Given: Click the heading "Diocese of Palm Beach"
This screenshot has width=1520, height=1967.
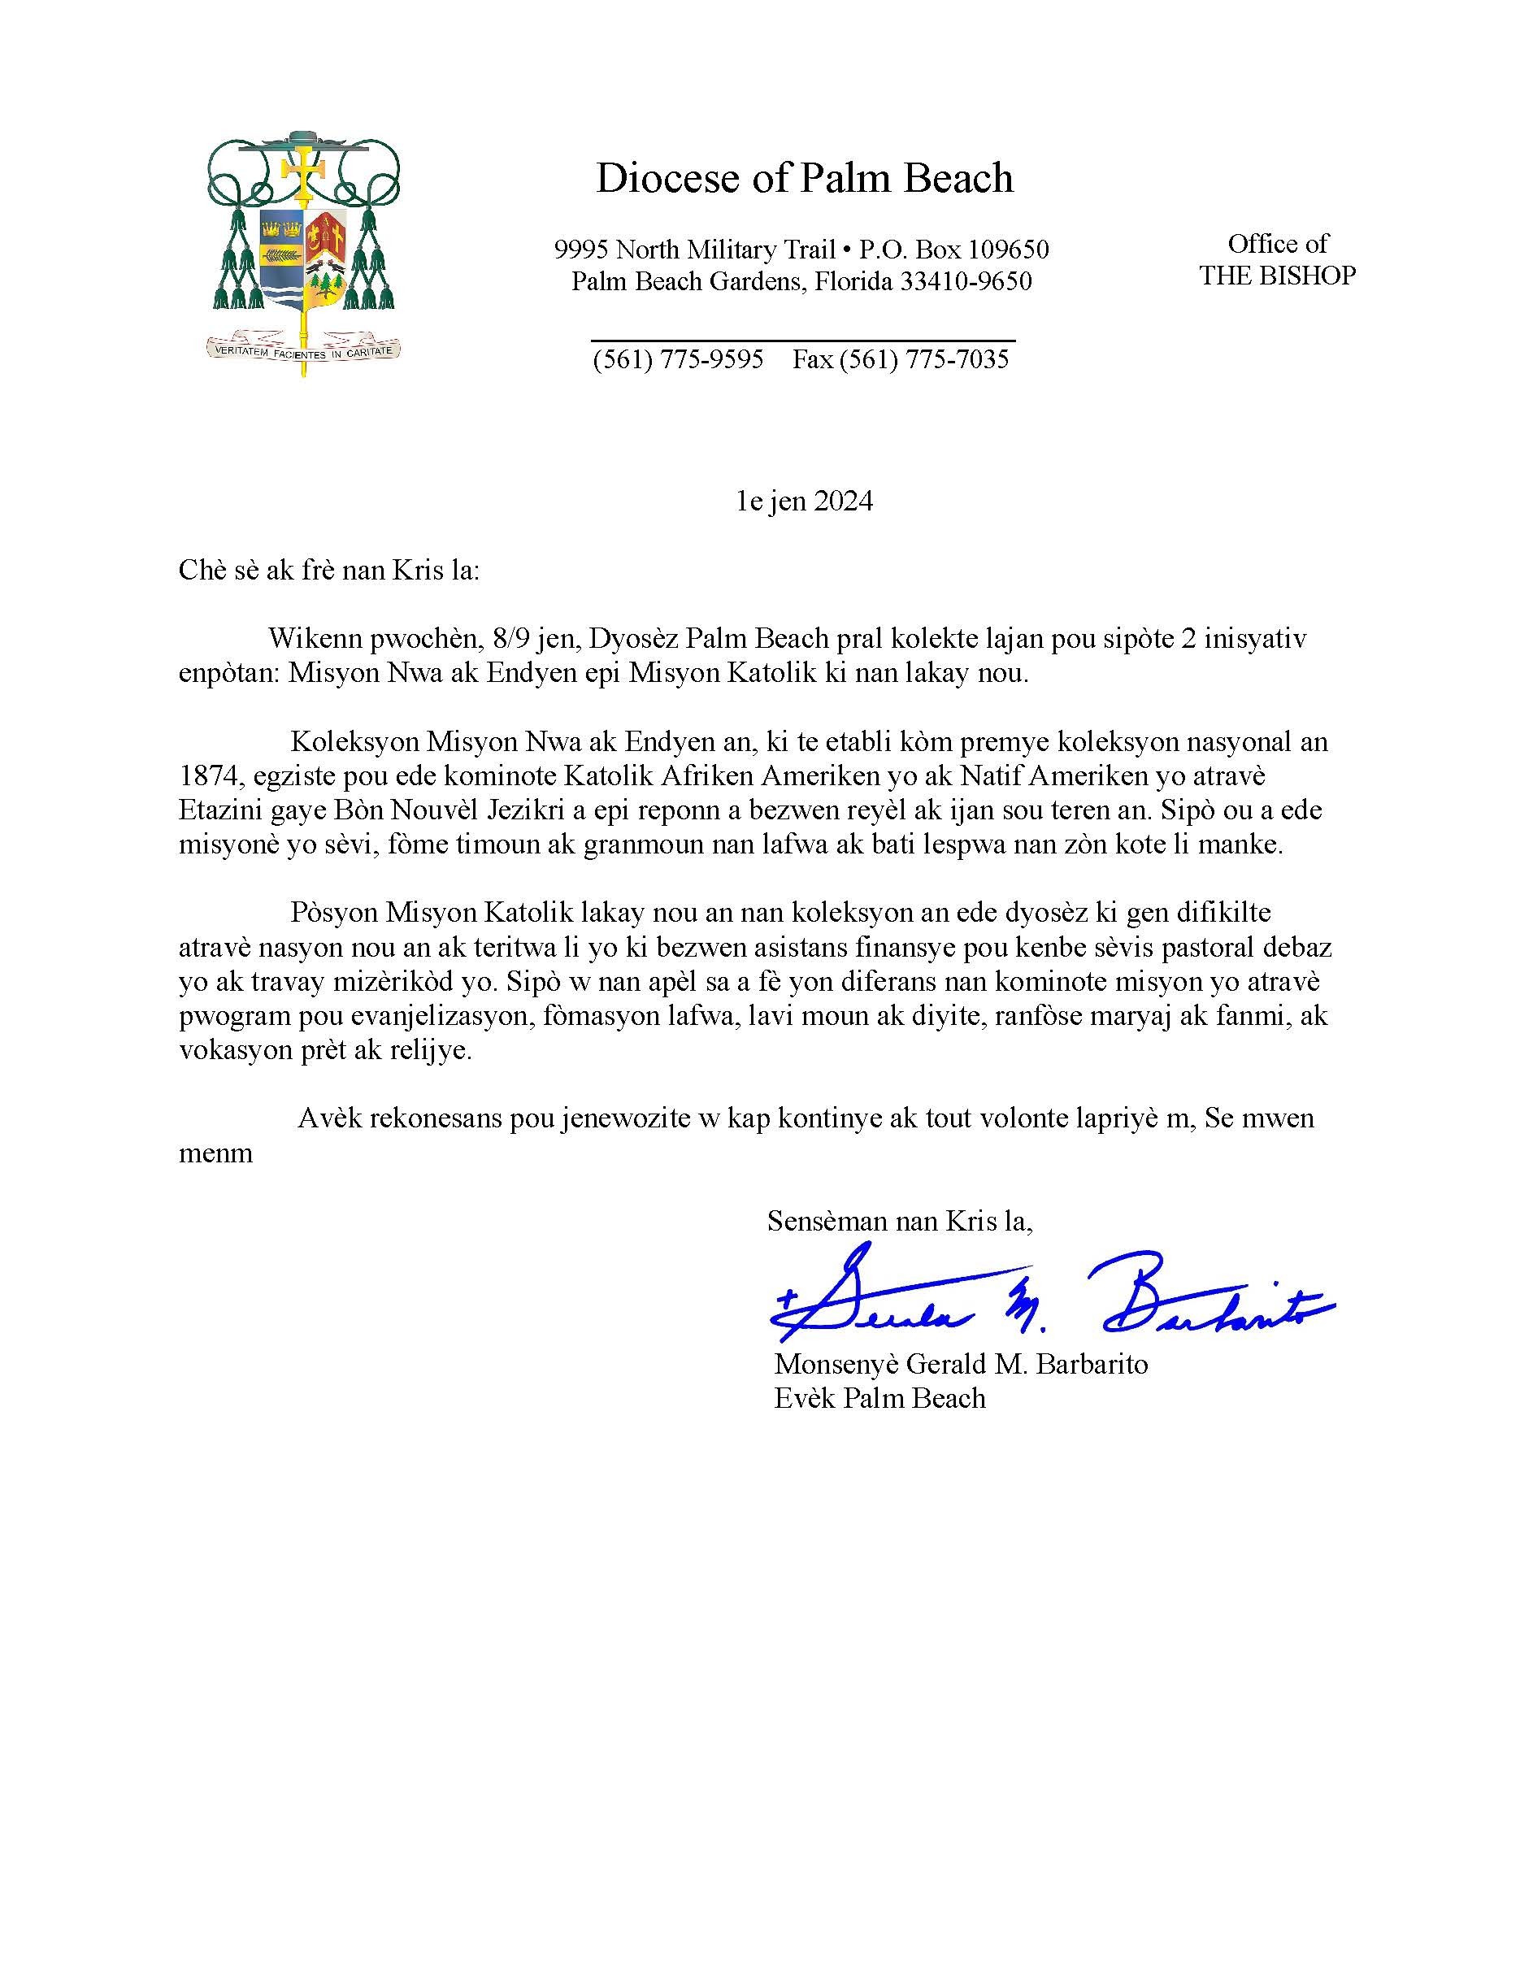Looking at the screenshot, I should coord(804,178).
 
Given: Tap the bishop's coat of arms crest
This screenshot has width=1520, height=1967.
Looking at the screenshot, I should coord(303,243).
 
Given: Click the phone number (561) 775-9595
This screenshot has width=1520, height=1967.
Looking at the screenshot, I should coord(678,360).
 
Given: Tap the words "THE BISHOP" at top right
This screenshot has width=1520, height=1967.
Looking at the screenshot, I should coord(1277,276).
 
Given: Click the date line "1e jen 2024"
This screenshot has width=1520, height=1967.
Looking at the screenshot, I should coord(804,501).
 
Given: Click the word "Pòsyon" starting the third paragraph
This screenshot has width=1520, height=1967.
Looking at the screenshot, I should coord(333,912).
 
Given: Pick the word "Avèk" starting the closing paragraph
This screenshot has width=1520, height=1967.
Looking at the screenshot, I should coord(328,1118).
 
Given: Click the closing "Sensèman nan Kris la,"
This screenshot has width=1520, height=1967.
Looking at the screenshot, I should coord(900,1222).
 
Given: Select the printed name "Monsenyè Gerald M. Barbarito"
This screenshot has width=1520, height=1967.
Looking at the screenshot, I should coord(961,1364).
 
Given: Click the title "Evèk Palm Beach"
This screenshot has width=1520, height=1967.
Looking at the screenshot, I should coord(879,1398).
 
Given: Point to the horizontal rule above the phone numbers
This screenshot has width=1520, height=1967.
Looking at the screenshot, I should coord(803,341).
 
